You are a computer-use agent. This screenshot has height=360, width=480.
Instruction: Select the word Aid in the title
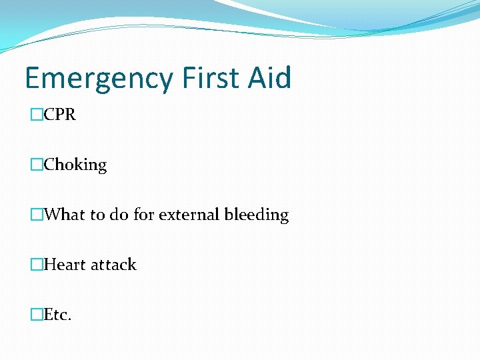click(270, 78)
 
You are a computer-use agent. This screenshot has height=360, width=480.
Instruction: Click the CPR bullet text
click(59, 115)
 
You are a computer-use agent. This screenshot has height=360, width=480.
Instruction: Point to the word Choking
click(75, 165)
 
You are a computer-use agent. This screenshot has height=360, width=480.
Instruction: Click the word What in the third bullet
click(65, 215)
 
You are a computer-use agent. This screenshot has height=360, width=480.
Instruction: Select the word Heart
click(65, 265)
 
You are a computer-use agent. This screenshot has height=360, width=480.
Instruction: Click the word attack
click(113, 265)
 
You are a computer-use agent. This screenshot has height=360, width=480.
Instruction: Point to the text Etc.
click(57, 315)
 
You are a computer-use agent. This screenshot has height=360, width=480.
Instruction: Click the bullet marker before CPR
click(36, 115)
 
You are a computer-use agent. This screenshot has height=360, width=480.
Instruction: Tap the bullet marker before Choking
click(36, 165)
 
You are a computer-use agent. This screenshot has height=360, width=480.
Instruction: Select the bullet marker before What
click(36, 215)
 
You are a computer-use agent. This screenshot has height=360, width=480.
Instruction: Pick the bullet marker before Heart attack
click(36, 265)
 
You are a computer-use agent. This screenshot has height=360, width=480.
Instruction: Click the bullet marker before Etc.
click(36, 315)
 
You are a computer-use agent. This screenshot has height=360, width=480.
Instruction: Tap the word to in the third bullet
click(97, 215)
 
